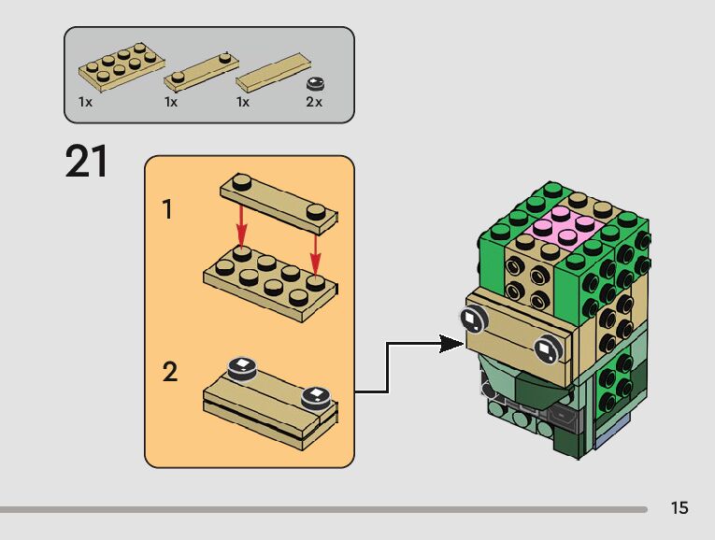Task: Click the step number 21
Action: point(86,162)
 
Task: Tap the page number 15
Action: point(679,508)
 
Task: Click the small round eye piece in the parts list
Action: point(315,83)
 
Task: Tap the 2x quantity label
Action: point(313,102)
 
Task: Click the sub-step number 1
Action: point(168,209)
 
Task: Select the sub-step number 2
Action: point(169,372)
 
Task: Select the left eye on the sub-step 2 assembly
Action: point(242,366)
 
